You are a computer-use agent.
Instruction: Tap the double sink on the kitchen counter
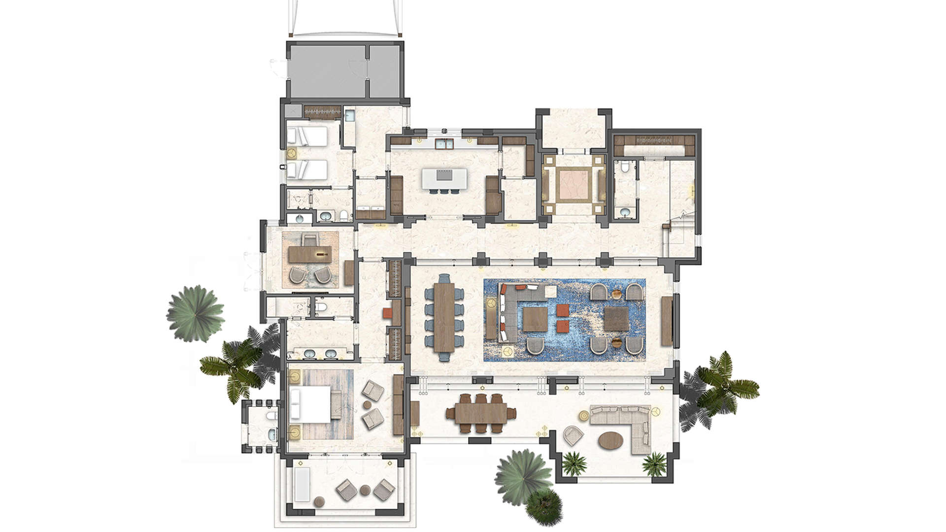point(444,143)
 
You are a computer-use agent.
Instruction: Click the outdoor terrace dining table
point(481,413)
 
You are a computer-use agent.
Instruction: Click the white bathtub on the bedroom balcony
point(302,484)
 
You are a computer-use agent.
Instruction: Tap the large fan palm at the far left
point(195,313)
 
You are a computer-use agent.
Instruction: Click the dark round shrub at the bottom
point(543,506)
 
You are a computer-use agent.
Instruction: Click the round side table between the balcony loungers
point(365,490)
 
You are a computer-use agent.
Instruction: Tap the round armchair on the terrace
point(573,435)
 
